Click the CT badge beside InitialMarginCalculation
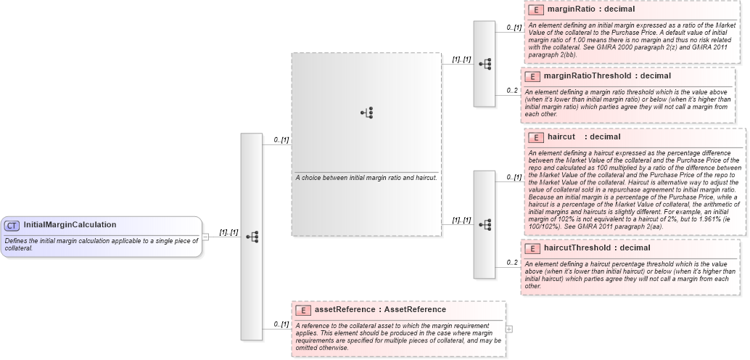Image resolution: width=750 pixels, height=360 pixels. point(12,226)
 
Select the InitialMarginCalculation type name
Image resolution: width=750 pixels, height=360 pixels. point(70,225)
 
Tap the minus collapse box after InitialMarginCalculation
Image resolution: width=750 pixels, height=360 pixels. point(205,237)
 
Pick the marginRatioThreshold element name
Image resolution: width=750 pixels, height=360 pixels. point(588,75)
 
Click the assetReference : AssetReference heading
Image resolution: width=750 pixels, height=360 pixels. point(380,310)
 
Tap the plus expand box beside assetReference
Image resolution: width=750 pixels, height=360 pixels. point(509,329)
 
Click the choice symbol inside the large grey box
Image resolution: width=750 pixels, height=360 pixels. point(367,112)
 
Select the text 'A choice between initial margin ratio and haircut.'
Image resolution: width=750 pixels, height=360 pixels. point(366,178)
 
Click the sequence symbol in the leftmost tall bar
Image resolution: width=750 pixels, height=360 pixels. point(251,237)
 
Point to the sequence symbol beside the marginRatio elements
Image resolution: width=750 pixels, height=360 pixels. point(484,64)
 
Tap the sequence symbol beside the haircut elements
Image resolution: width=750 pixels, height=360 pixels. point(484,224)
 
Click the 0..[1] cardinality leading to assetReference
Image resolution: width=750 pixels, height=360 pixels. point(281,324)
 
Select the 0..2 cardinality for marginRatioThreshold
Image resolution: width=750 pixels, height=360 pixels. point(512,90)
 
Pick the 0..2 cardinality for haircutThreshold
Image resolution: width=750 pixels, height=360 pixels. point(512,262)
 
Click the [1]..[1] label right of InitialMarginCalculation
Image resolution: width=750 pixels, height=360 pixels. point(229,232)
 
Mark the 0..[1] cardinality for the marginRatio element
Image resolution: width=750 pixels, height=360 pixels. point(514,28)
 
